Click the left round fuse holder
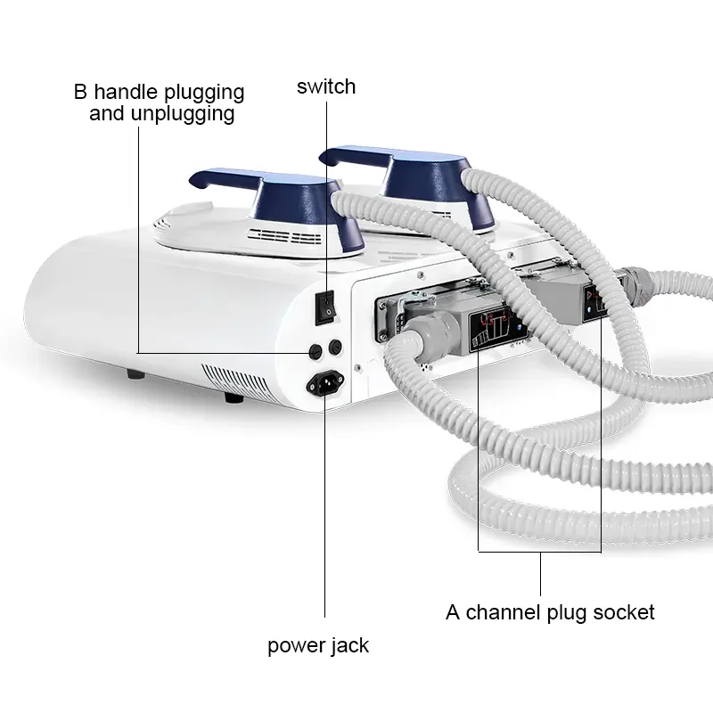(x=314, y=350)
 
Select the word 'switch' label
(x=326, y=86)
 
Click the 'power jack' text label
(x=318, y=645)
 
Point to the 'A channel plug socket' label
(x=550, y=612)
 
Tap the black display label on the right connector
(x=594, y=300)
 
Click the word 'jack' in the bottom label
(x=349, y=645)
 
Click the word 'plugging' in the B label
(x=203, y=92)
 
